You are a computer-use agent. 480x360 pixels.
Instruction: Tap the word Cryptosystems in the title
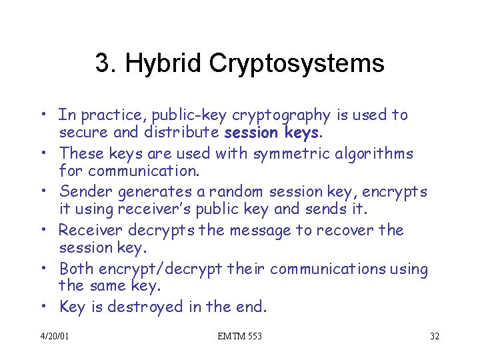(x=297, y=64)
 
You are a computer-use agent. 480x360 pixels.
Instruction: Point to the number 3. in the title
(x=107, y=64)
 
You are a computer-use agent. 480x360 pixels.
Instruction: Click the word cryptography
(x=280, y=115)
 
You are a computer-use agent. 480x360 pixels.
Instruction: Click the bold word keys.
(x=301, y=133)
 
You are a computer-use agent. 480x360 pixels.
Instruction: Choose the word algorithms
(x=370, y=154)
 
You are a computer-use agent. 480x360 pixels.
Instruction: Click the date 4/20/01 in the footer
(x=54, y=336)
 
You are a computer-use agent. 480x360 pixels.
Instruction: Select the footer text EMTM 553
(x=240, y=336)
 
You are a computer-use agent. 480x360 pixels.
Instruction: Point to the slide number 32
(x=434, y=336)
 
